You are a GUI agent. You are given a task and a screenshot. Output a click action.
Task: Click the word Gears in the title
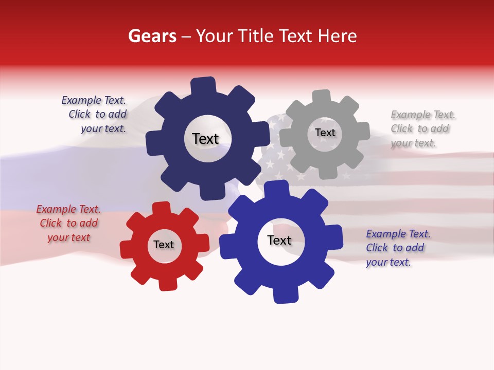click(152, 36)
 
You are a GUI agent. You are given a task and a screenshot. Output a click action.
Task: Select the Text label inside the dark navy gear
click(205, 139)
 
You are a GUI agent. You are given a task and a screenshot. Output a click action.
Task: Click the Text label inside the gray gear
click(325, 133)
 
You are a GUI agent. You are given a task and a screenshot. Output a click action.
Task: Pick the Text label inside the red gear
click(164, 245)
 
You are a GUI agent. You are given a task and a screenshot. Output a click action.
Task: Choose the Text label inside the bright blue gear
click(279, 240)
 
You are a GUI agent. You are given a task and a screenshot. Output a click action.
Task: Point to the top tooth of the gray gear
click(322, 96)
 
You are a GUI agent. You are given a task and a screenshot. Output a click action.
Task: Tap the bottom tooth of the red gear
click(168, 284)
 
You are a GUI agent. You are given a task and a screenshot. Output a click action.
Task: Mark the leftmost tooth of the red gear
click(127, 250)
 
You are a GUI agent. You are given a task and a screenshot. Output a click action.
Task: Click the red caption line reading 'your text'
click(68, 237)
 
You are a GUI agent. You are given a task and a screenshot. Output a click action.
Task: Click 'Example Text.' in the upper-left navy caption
click(94, 100)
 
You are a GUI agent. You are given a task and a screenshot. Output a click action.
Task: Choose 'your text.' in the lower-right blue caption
click(389, 262)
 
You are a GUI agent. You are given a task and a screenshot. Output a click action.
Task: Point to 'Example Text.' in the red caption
click(68, 209)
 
